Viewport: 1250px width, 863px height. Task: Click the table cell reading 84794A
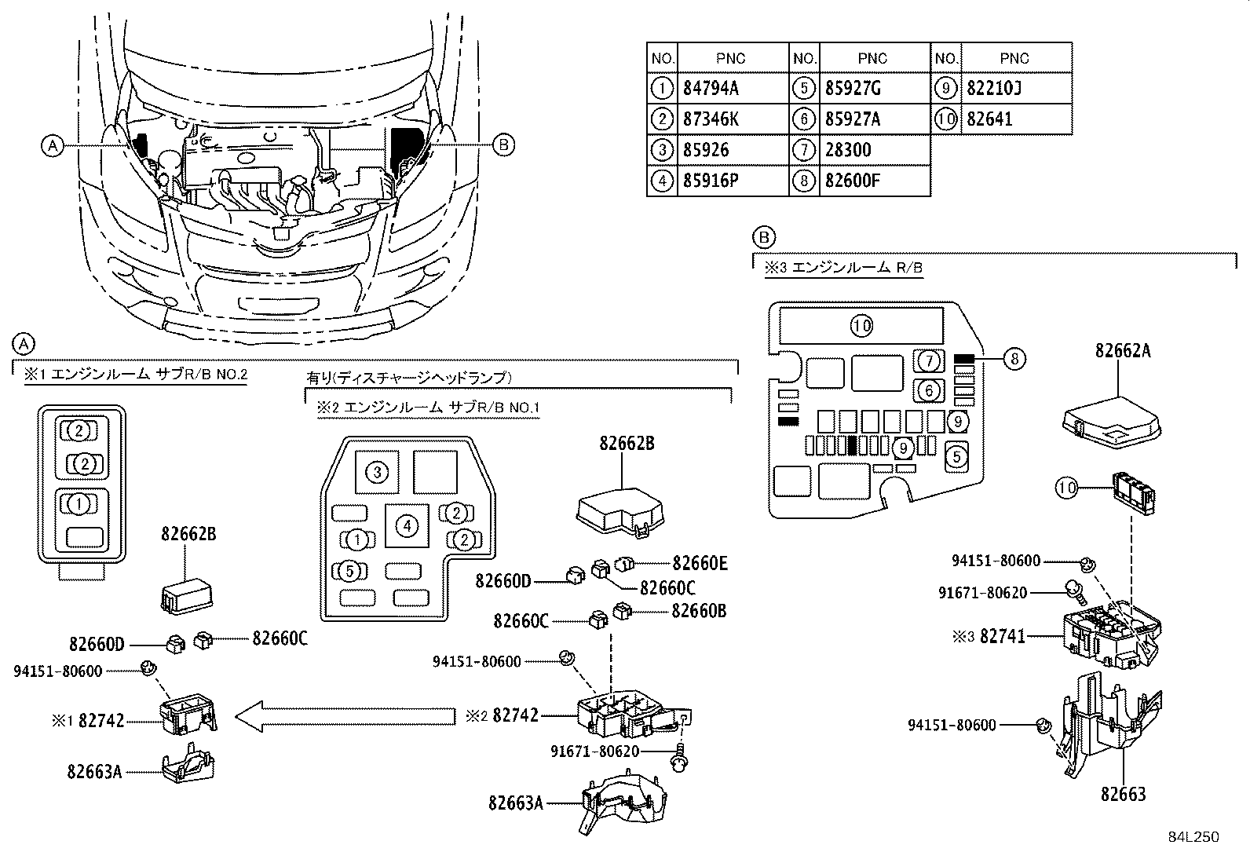[711, 89]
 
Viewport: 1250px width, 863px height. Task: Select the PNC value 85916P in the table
[711, 181]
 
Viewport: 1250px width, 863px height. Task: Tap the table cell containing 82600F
[853, 181]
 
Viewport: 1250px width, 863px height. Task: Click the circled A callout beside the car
[52, 145]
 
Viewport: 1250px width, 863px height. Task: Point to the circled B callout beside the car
[503, 144]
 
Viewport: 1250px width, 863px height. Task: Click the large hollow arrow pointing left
[345, 715]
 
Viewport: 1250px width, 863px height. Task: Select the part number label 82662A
[1123, 351]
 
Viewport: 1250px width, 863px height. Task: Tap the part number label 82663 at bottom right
[1123, 794]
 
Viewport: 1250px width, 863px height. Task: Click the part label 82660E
[700, 562]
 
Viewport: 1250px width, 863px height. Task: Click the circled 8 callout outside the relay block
[1014, 360]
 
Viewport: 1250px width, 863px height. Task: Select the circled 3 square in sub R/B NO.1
[378, 472]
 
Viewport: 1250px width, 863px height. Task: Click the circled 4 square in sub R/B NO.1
[407, 525]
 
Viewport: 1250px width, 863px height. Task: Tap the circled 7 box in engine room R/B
[930, 361]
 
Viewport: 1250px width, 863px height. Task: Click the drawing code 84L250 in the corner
[1193, 837]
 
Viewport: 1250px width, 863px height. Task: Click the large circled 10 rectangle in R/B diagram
[862, 325]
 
